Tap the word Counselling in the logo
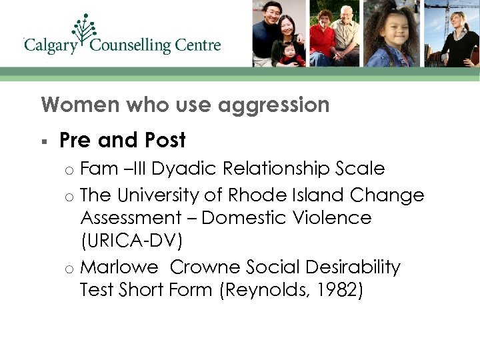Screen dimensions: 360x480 click(x=130, y=46)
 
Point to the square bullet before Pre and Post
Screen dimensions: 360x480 click(x=43, y=141)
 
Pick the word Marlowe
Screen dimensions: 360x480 click(x=119, y=267)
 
